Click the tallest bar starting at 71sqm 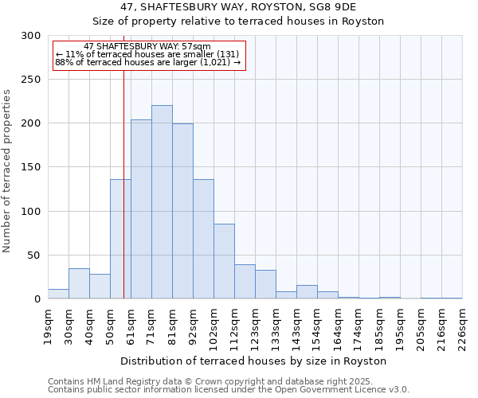pyautogui.click(x=162, y=202)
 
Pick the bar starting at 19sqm pyautogui.click(x=58, y=294)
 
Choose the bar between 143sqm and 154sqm pyautogui.click(x=307, y=292)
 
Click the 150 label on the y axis pyautogui.click(x=32, y=167)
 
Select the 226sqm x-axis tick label pyautogui.click(x=462, y=328)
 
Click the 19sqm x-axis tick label pyautogui.click(x=48, y=328)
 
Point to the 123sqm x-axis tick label pyautogui.click(x=255, y=328)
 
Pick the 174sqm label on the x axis pyautogui.click(x=358, y=328)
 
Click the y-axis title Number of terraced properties pyautogui.click(x=7, y=171)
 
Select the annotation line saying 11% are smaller pyautogui.click(x=147, y=54)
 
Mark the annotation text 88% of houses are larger pyautogui.click(x=147, y=62)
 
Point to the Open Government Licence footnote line pyautogui.click(x=229, y=389)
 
